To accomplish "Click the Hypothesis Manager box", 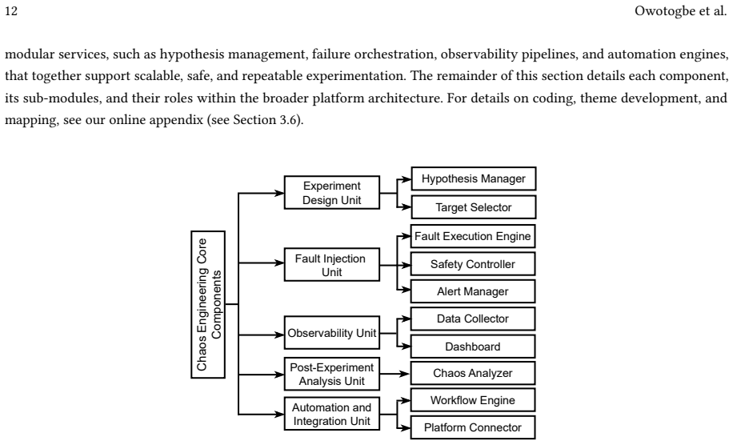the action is click(x=474, y=178).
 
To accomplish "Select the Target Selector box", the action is click(x=474, y=207).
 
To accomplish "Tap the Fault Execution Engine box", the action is click(x=473, y=236).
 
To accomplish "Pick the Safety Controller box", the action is click(x=473, y=264).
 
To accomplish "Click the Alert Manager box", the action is click(x=473, y=291).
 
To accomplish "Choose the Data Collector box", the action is click(x=473, y=319).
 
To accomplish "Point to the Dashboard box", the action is click(x=473, y=347).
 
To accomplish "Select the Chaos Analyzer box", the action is click(x=473, y=373).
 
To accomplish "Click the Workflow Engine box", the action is click(x=473, y=400).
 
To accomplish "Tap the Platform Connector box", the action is click(x=473, y=427).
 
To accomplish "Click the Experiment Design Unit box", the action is click(x=332, y=193).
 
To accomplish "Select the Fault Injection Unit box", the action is click(x=332, y=265).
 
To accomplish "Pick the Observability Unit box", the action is click(x=332, y=333).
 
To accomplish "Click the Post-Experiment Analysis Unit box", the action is click(x=332, y=374).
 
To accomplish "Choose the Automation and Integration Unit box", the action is click(x=332, y=414).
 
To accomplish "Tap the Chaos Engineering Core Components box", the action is click(x=208, y=304).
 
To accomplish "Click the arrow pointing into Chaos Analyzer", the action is click(x=395, y=374).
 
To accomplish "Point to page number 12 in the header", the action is click(x=11, y=10).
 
